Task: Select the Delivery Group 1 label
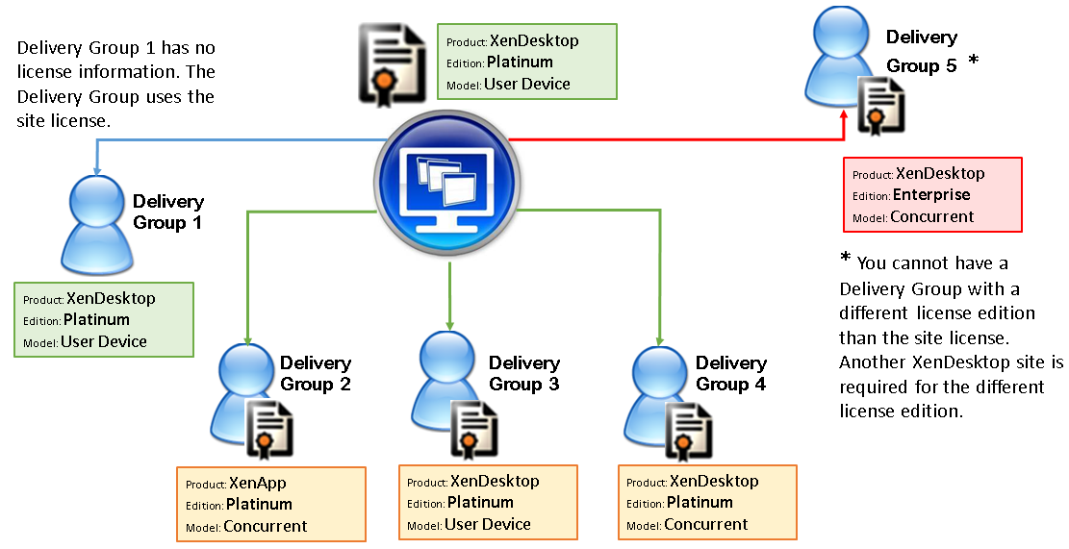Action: click(x=167, y=212)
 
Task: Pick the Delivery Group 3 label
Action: click(x=523, y=373)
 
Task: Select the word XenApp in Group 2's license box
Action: click(x=258, y=483)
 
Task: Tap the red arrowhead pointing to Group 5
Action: click(x=843, y=114)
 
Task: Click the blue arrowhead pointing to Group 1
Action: click(x=96, y=169)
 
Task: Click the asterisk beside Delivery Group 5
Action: click(x=973, y=62)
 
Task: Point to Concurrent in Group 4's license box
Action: click(x=705, y=524)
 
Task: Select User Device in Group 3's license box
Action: click(x=487, y=524)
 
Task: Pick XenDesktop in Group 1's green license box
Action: click(x=111, y=298)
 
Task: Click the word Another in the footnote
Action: click(x=871, y=362)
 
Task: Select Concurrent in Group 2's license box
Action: click(x=265, y=526)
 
